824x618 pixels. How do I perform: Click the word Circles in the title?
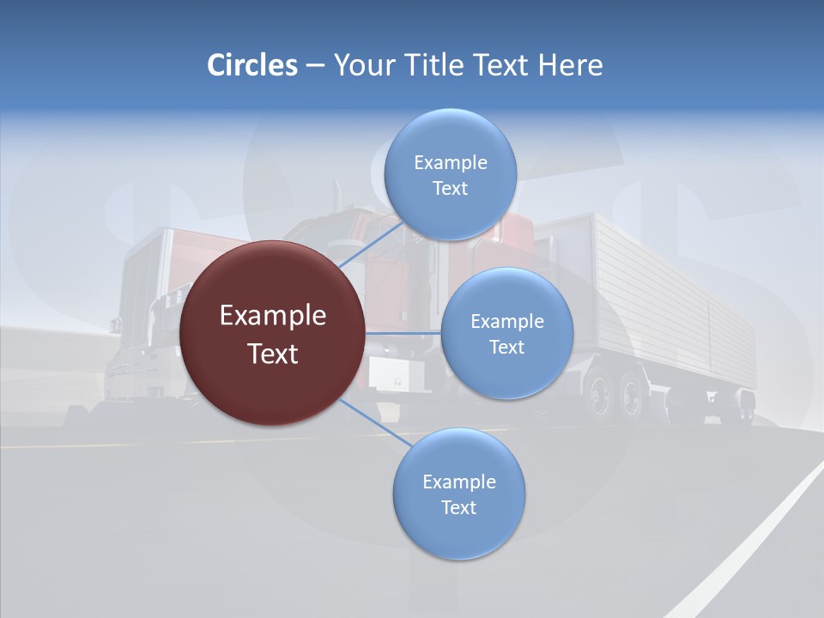click(252, 65)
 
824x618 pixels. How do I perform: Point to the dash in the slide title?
click(315, 66)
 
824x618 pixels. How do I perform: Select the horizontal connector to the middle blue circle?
click(403, 333)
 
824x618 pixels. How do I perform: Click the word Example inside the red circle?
click(273, 316)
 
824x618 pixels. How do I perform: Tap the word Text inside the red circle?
click(273, 354)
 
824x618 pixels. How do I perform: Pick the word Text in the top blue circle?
click(450, 189)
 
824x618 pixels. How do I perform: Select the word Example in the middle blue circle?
click(507, 321)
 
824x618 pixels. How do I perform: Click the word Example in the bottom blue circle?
click(459, 482)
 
